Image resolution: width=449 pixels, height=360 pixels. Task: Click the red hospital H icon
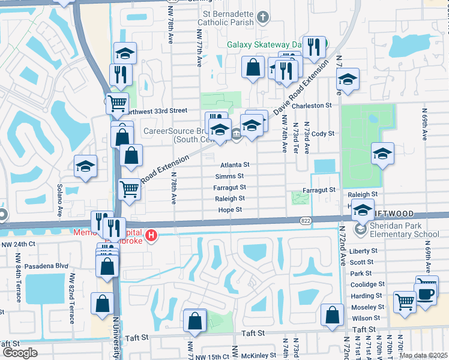pyautogui.click(x=152, y=235)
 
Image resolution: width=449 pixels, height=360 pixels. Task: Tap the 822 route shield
pyautogui.click(x=306, y=221)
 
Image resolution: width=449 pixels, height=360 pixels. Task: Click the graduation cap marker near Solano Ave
pyautogui.click(x=86, y=166)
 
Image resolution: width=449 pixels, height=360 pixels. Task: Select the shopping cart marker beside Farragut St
pyautogui.click(x=129, y=188)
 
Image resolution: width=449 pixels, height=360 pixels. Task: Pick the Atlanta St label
pyautogui.click(x=234, y=164)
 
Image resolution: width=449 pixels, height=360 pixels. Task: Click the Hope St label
pyautogui.click(x=230, y=210)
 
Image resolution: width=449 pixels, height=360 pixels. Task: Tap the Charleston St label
pyautogui.click(x=316, y=106)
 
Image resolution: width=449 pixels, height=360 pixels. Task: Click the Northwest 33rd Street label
pyautogui.click(x=157, y=110)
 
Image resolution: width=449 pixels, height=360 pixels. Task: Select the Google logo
pyautogui.click(x=20, y=353)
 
